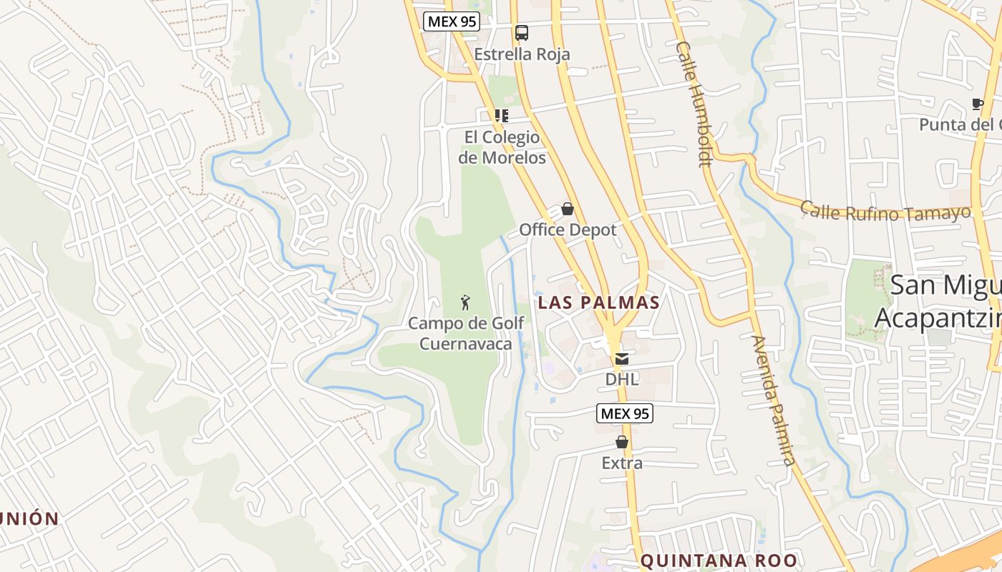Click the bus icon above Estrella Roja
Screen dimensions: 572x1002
pyautogui.click(x=522, y=32)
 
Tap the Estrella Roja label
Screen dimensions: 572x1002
pyautogui.click(x=522, y=54)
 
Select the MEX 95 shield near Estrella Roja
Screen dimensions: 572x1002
pyautogui.click(x=451, y=21)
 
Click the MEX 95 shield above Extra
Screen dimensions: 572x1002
pyautogui.click(x=624, y=413)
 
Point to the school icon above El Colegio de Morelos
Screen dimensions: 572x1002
pyautogui.click(x=502, y=115)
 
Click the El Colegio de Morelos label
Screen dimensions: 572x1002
pyautogui.click(x=502, y=147)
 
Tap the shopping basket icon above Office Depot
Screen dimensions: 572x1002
pyautogui.click(x=568, y=209)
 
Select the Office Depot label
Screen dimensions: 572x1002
pyautogui.click(x=568, y=230)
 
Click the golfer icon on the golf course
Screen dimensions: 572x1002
pyautogui.click(x=466, y=302)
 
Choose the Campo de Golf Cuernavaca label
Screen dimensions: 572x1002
pyautogui.click(x=466, y=333)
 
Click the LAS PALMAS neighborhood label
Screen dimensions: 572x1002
pyautogui.click(x=598, y=302)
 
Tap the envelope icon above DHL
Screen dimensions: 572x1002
pyautogui.click(x=622, y=359)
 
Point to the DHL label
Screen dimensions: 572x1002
pyautogui.click(x=622, y=380)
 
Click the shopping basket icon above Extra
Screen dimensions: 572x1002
pyautogui.click(x=622, y=442)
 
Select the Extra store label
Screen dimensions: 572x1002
pyautogui.click(x=622, y=463)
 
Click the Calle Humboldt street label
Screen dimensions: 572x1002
pyautogui.click(x=694, y=104)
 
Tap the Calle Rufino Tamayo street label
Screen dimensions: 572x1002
pyautogui.click(x=885, y=212)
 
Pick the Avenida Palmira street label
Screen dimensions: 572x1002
pyautogui.click(x=773, y=400)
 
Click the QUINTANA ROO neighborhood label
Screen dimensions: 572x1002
pyautogui.click(x=718, y=561)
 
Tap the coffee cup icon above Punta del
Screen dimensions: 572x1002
pyautogui.click(x=978, y=104)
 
